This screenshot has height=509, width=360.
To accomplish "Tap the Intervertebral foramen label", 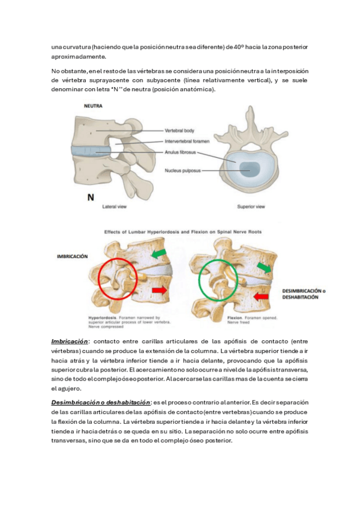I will point(186,142).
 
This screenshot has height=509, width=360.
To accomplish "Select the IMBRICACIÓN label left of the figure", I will point(72,256).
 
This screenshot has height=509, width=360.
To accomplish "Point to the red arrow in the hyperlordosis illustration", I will point(158,291).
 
